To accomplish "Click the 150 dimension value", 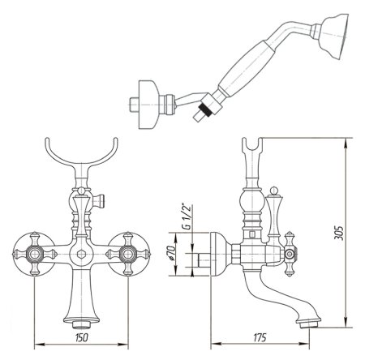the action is [82, 337].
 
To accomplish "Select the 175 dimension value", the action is [260, 337].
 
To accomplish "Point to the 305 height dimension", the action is [338, 233].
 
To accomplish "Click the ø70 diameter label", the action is [171, 253].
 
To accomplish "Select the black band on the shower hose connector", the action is [205, 110].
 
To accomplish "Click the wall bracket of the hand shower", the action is [148, 105].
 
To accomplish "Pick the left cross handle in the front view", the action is [35, 254].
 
